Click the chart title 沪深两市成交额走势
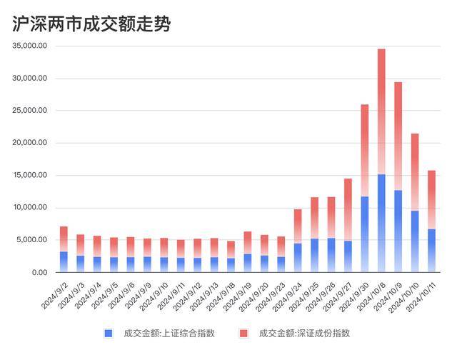tap(92, 24)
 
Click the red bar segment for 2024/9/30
tap(365, 150)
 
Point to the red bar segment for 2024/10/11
tap(431, 199)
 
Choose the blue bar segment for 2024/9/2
tap(64, 261)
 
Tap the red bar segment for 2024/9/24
tap(298, 226)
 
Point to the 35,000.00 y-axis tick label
tap(30, 46)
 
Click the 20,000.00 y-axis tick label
tap(30, 143)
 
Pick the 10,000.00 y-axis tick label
tap(30, 208)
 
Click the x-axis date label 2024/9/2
tap(55, 294)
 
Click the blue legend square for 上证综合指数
tap(108, 333)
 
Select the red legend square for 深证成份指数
tap(243, 333)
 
